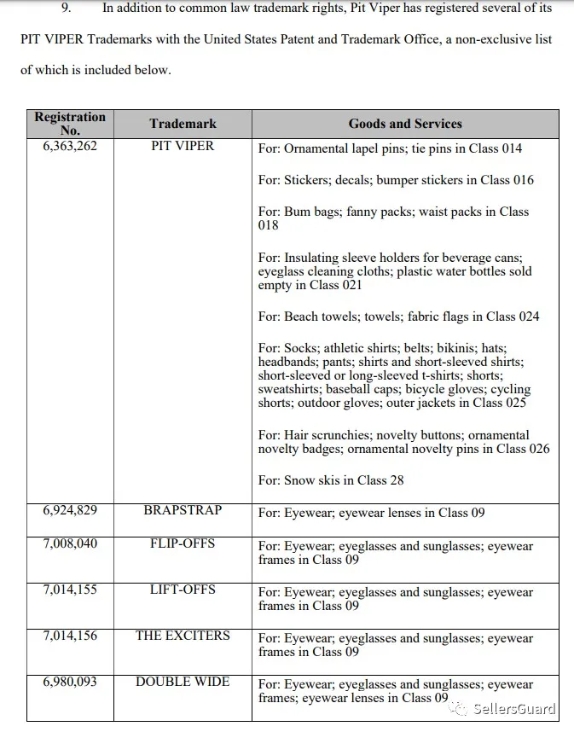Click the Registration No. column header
(x=70, y=124)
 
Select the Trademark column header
(x=183, y=124)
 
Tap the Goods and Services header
(x=405, y=124)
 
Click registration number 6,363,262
(x=70, y=146)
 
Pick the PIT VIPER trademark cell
(x=183, y=146)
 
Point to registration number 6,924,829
(x=70, y=510)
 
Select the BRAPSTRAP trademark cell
(x=183, y=510)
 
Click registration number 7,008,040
(x=70, y=543)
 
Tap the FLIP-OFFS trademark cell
(x=183, y=543)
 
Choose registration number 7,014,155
(x=70, y=590)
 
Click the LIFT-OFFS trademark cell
(x=183, y=590)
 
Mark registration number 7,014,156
(x=70, y=636)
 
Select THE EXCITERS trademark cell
(x=183, y=636)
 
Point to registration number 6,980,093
(x=70, y=682)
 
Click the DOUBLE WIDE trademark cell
(x=183, y=682)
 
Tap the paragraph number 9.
(x=66, y=9)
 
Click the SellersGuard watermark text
(x=517, y=709)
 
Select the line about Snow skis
(x=331, y=480)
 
